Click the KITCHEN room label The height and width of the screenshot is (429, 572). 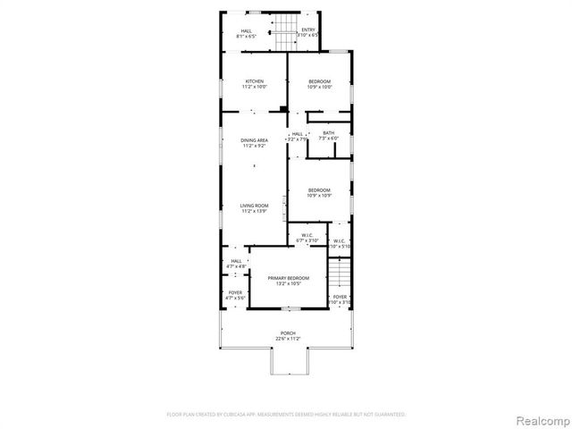click(x=254, y=81)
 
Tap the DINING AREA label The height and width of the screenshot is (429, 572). click(x=254, y=140)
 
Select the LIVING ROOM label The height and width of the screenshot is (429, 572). click(x=254, y=206)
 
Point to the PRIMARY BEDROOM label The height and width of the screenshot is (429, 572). click(x=288, y=278)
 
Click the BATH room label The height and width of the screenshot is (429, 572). click(x=329, y=133)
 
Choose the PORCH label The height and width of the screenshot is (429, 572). click(x=287, y=332)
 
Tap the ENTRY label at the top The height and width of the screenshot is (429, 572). click(x=308, y=29)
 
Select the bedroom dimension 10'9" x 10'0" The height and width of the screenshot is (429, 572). click(x=319, y=88)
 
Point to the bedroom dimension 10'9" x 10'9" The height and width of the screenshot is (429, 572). click(x=319, y=196)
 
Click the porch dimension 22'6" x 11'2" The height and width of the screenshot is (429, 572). click(x=287, y=339)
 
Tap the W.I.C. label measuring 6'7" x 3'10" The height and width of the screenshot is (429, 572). click(x=306, y=236)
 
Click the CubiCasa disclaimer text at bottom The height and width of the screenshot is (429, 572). click(x=286, y=415)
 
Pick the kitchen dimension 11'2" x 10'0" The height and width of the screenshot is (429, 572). click(x=254, y=88)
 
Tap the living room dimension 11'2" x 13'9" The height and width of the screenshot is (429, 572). click(x=254, y=212)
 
